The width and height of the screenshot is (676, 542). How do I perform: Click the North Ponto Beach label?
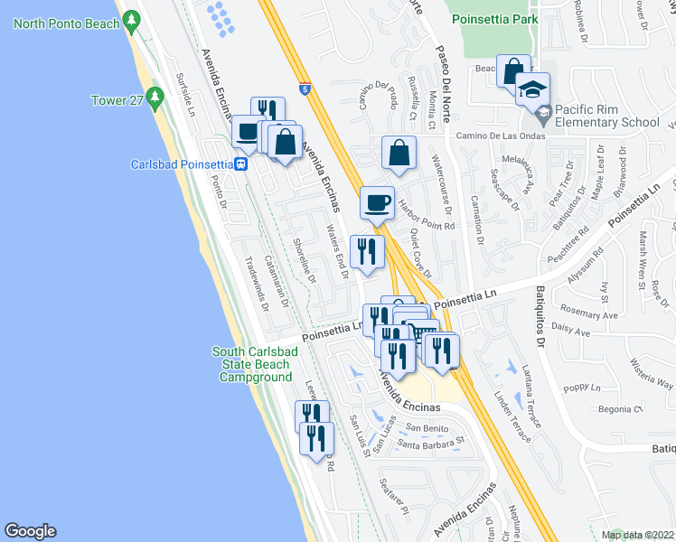coord(67,23)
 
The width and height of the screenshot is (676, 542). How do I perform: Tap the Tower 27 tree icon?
coord(154,95)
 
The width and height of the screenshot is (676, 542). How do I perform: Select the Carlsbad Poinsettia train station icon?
coord(241,164)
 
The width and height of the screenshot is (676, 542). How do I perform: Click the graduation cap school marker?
coord(533,89)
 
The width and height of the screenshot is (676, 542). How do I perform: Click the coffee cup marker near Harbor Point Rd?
coord(377,203)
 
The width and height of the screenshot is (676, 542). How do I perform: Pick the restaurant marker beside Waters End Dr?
coord(365,251)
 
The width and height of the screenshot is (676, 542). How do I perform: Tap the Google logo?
coord(30,531)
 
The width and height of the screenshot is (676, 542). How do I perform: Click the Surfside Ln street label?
coord(187,98)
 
